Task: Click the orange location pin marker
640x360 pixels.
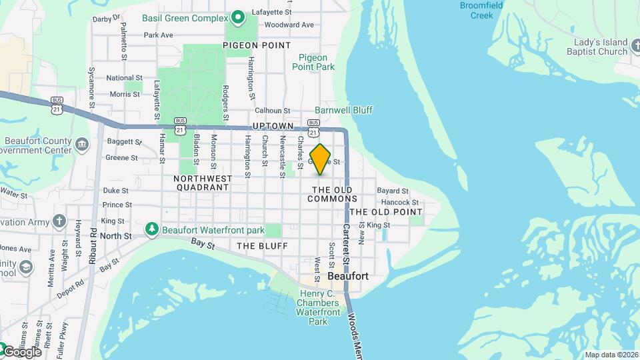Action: [x=321, y=159]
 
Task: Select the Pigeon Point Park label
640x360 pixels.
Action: [x=313, y=62]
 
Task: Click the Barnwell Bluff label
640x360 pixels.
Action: [x=343, y=110]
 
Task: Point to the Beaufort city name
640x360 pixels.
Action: [x=348, y=275]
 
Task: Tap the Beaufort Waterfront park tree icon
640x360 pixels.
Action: [x=152, y=230]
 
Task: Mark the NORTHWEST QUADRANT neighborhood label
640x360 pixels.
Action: [x=203, y=183]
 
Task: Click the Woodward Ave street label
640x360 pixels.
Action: [x=289, y=25]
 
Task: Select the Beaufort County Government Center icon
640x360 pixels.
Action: [x=82, y=144]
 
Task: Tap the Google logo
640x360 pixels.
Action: [x=22, y=351]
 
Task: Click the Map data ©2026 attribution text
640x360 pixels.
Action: [x=611, y=355]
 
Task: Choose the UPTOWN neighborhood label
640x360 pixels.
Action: [x=273, y=126]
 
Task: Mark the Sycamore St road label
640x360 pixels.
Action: [x=91, y=86]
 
